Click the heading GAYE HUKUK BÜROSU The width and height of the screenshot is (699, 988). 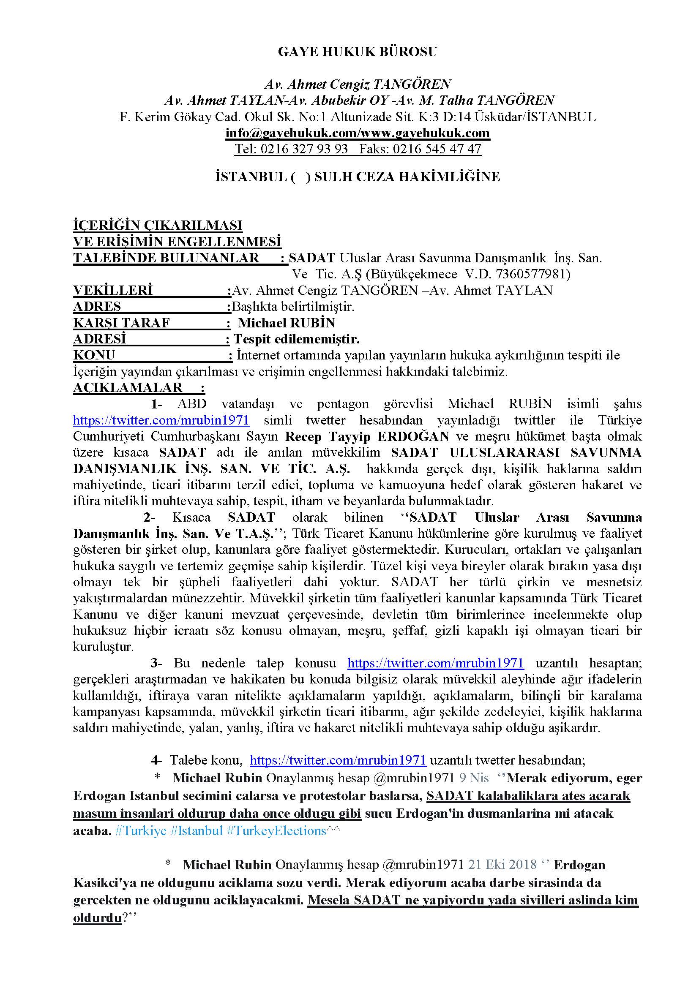(357, 52)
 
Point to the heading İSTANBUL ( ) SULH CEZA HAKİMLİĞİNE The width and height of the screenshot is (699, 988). (357, 177)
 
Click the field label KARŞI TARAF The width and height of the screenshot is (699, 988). (121, 323)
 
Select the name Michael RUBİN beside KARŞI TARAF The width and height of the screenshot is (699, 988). (287, 323)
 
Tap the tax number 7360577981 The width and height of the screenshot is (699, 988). (531, 274)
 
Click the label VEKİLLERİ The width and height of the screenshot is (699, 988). (113, 291)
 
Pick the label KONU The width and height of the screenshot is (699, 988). (94, 355)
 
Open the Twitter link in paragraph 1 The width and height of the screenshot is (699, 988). (161, 420)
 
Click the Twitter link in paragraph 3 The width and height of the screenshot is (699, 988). (435, 663)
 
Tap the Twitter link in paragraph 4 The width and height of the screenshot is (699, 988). (338, 760)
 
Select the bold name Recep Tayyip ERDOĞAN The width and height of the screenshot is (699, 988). (367, 436)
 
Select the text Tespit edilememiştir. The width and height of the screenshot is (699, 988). (297, 339)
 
